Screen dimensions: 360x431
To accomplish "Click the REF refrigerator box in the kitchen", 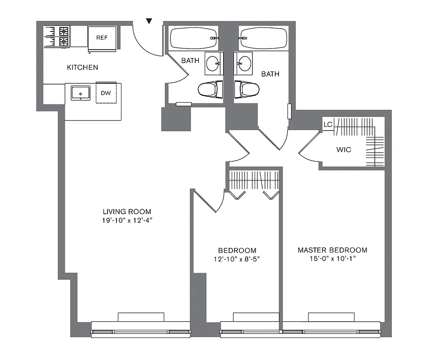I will [102, 38].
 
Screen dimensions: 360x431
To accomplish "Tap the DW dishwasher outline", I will [106, 93].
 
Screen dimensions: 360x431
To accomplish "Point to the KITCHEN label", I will [82, 67].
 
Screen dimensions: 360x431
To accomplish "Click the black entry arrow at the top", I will [150, 21].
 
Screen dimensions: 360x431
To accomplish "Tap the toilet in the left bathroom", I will [211, 89].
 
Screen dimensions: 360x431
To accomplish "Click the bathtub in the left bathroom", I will [193, 38].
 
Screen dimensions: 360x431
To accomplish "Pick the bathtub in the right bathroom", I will [263, 38].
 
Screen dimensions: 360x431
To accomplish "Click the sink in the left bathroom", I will [213, 63].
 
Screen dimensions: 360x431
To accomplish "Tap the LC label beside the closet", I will [328, 124].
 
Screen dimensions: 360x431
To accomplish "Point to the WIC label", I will [344, 149].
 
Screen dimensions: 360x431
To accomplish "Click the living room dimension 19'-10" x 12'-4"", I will [127, 220].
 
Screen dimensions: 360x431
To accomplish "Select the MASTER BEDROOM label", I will [332, 250].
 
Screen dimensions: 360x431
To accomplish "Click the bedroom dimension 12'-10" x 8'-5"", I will [237, 259].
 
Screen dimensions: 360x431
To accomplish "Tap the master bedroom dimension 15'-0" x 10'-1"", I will [332, 259].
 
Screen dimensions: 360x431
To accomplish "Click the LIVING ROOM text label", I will [127, 211].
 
